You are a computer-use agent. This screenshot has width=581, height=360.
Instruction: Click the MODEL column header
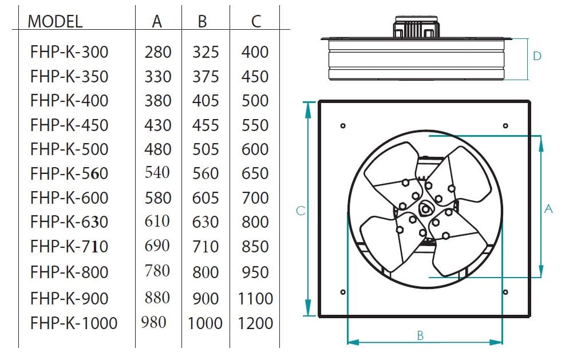point(55,21)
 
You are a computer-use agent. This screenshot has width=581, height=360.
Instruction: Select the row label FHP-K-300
point(69,52)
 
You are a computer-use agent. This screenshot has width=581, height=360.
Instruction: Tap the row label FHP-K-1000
point(74,323)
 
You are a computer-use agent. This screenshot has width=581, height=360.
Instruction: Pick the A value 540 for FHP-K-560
point(157,173)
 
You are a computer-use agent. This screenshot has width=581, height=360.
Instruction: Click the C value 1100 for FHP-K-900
point(255,299)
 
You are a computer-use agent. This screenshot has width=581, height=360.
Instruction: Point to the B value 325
point(205,52)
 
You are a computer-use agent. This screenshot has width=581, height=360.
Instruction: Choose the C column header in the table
point(256,21)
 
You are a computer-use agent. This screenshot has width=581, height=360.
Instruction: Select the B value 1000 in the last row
point(205,323)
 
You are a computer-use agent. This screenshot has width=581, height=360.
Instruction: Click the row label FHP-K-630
point(69,222)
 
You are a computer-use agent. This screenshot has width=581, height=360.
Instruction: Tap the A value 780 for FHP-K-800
point(157,271)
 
